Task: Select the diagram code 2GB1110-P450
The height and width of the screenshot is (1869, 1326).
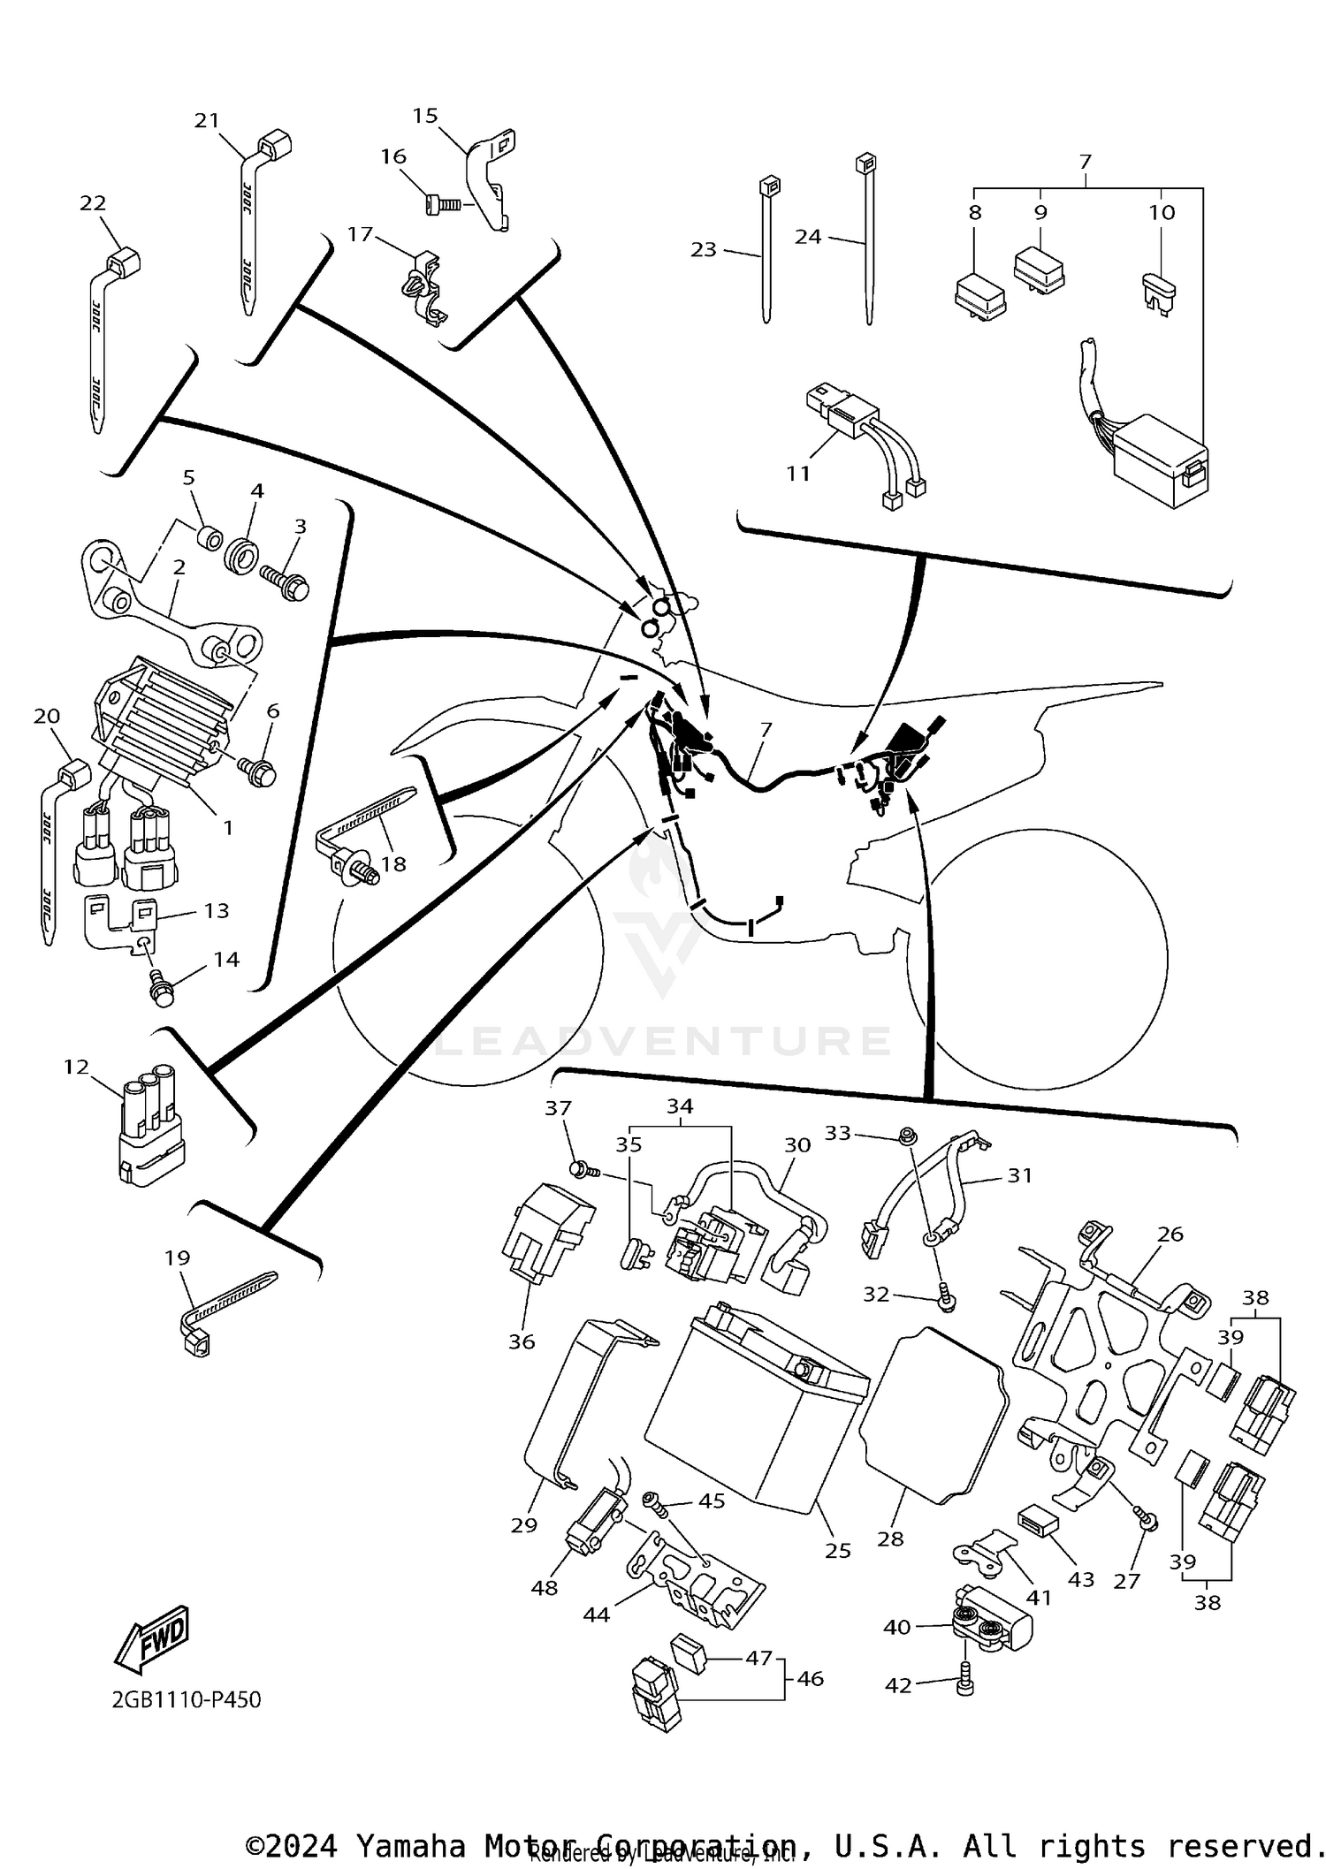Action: coord(187,1699)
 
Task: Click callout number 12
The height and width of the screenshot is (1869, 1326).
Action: coord(77,1067)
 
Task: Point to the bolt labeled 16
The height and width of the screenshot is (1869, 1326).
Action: coord(438,205)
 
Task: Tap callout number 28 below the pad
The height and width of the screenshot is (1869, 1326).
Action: coord(890,1539)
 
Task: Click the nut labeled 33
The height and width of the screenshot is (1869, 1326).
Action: coord(905,1135)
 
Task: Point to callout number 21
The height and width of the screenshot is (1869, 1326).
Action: coord(206,120)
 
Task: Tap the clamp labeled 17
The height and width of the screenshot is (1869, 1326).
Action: coord(423,287)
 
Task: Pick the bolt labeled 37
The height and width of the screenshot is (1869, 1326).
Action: coord(581,1170)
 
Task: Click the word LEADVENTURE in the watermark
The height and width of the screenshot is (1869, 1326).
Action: coord(663,1041)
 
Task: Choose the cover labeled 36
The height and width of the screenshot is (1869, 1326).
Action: coord(545,1231)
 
